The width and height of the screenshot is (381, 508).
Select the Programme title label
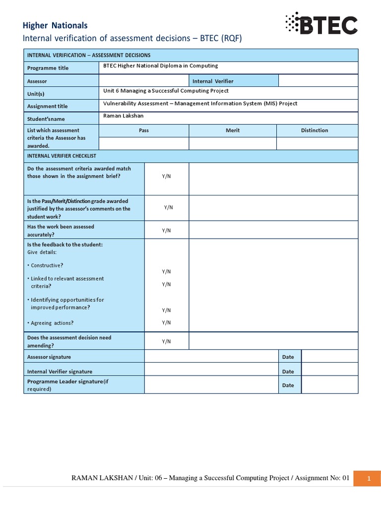pos(48,68)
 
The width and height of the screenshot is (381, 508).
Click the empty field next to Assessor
pos(144,80)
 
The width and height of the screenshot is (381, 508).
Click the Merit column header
pos(232,130)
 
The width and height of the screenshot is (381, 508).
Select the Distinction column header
pos(315,130)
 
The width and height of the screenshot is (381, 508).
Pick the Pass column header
pos(144,130)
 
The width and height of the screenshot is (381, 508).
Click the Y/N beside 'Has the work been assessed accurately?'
pos(166,230)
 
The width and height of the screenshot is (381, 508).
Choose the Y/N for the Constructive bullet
pos(166,271)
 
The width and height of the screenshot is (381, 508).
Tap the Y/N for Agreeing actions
pos(166,322)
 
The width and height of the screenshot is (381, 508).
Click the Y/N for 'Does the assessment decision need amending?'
pos(166,341)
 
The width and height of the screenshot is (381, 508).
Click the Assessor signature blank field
pos(211,357)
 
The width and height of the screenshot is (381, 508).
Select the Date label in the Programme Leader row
pos(288,385)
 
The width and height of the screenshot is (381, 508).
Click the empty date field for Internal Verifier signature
pos(329,371)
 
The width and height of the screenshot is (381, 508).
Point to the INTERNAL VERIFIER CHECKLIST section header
pos(62,156)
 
